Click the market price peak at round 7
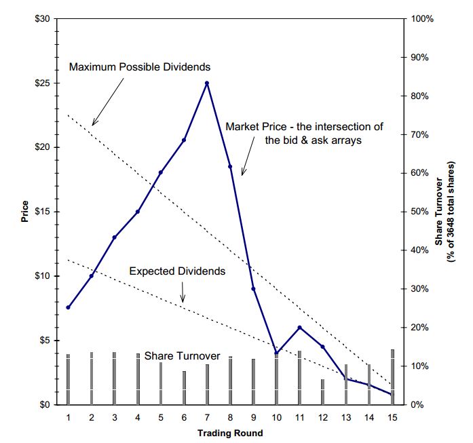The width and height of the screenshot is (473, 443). click(x=206, y=83)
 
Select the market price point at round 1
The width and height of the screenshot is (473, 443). click(x=68, y=307)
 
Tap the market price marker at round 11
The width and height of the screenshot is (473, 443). click(x=299, y=328)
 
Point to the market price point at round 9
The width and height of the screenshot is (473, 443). click(x=253, y=289)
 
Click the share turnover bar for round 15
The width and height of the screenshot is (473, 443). click(x=392, y=377)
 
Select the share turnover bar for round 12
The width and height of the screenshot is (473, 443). click(x=322, y=392)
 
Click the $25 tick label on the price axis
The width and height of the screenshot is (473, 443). click(x=42, y=83)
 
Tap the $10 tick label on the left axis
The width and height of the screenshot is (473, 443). click(x=42, y=276)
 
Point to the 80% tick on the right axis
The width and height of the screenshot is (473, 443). click(x=421, y=96)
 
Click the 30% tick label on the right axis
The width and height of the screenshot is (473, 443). click(x=421, y=289)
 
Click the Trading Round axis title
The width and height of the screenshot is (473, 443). click(x=229, y=433)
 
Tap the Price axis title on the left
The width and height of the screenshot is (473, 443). click(x=25, y=212)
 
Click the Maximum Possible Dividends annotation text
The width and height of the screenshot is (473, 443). click(x=140, y=67)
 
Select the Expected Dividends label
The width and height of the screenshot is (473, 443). click(x=176, y=271)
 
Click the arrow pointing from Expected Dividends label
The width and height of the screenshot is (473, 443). click(x=182, y=292)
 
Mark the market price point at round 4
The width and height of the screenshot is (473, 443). click(x=137, y=212)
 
